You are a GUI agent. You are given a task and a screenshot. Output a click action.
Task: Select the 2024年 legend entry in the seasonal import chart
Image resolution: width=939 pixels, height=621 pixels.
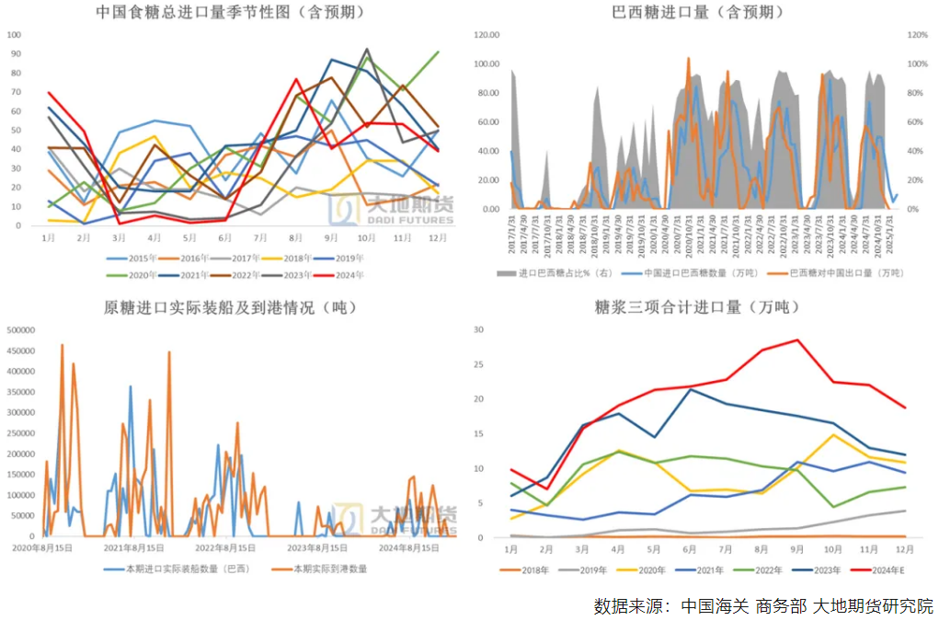click(x=347, y=275)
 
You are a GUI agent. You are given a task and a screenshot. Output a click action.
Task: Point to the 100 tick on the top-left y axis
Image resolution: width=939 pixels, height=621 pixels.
click(x=14, y=34)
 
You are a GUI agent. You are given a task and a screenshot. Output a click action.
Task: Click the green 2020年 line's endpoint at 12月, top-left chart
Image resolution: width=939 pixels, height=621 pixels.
click(x=438, y=52)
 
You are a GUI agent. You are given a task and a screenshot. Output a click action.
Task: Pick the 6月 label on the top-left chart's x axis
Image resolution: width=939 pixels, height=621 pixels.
click(x=225, y=238)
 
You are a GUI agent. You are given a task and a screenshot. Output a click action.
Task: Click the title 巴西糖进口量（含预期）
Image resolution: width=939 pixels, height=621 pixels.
click(x=698, y=13)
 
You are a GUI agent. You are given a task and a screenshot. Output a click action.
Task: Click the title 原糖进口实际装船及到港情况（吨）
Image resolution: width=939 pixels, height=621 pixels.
click(x=230, y=307)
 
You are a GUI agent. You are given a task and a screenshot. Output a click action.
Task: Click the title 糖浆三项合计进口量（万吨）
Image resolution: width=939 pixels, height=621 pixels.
click(x=698, y=307)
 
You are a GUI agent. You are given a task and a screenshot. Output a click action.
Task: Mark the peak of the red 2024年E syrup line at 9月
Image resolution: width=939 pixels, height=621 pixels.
click(x=797, y=340)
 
